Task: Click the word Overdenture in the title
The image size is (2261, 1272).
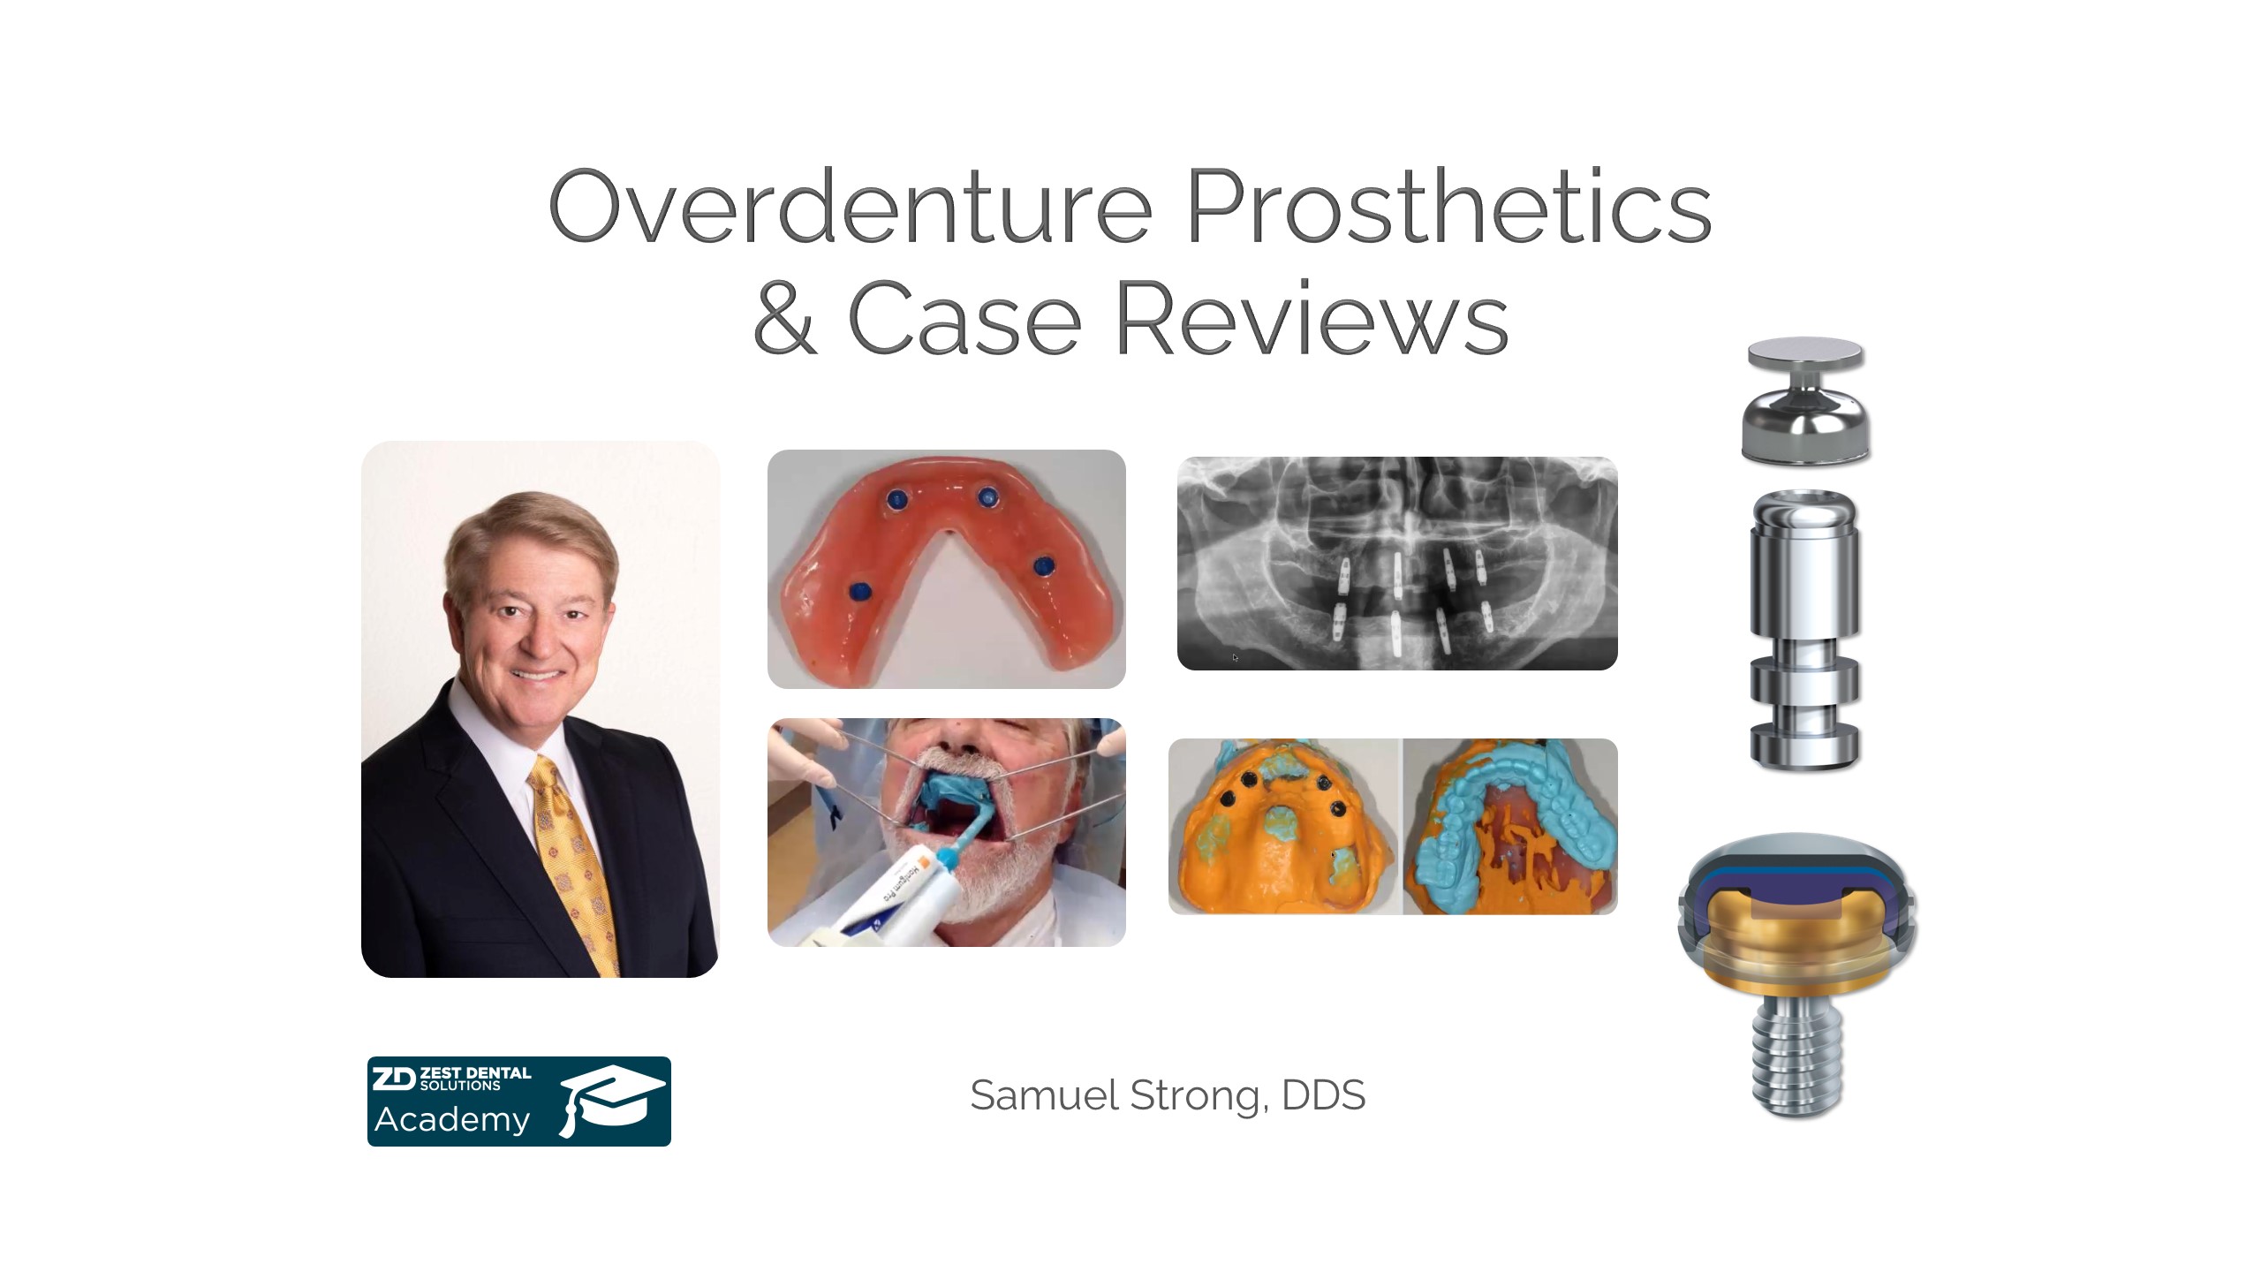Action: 851,207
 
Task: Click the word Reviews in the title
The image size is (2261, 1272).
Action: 1312,317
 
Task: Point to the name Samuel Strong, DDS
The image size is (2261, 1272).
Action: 1168,1095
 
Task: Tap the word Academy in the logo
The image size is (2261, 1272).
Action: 452,1120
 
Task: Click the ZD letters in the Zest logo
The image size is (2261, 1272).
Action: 393,1078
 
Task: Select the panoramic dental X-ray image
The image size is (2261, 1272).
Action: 1397,564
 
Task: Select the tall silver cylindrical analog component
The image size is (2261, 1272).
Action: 1805,629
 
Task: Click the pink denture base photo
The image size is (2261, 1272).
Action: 947,569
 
